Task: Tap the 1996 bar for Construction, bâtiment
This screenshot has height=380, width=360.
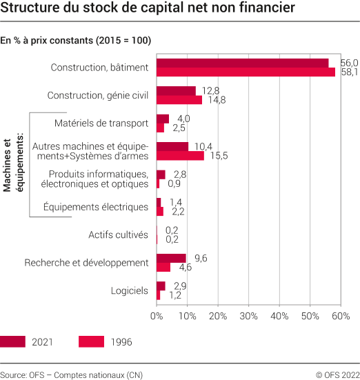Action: [x=246, y=72]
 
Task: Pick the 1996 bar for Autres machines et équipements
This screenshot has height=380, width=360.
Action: [x=180, y=156]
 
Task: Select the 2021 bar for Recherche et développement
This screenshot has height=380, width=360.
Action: [x=171, y=258]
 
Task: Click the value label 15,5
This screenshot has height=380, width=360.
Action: [x=217, y=156]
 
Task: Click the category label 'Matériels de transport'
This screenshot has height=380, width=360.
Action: [x=101, y=123]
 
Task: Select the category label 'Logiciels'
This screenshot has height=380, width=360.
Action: [x=129, y=290]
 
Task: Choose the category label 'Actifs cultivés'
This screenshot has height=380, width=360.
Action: [x=118, y=235]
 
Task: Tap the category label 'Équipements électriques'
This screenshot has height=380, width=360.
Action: [x=95, y=207]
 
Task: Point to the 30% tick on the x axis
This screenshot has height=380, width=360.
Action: [x=249, y=316]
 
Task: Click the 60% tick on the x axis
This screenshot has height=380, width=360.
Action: [x=341, y=316]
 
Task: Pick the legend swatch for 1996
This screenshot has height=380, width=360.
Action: [x=91, y=342]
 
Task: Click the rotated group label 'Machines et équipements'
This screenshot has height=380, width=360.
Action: [x=14, y=165]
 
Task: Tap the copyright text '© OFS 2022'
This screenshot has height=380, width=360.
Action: [x=337, y=374]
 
